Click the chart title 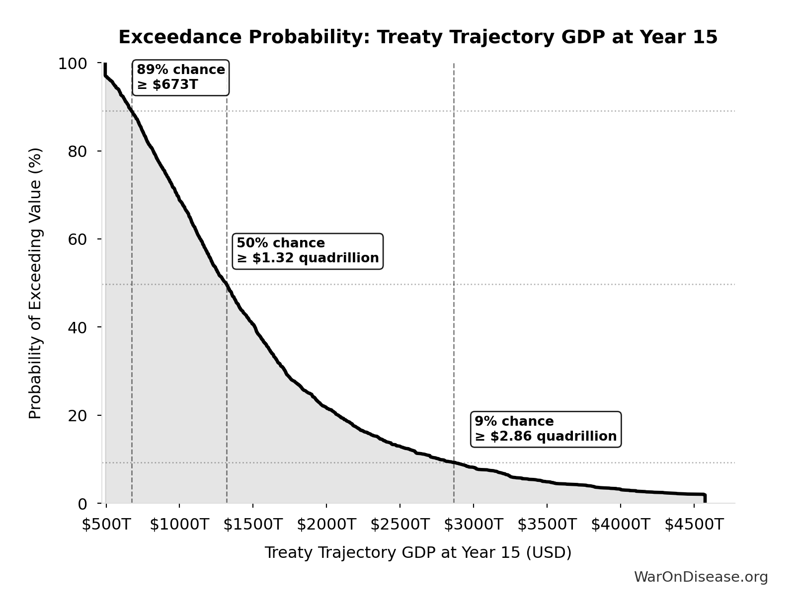coord(418,37)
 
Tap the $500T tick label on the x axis coord(106,524)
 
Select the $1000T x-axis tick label coord(179,524)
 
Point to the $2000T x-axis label coord(326,524)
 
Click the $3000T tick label coord(473,524)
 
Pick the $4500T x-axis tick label coord(694,524)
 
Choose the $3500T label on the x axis coord(547,524)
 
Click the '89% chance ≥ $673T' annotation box coord(180,77)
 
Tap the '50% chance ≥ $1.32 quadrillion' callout coord(308,251)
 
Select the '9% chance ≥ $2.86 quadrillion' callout coord(546,429)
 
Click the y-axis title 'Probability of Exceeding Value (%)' coord(35,283)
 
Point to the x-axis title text coord(418,552)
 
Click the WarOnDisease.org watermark coord(701,577)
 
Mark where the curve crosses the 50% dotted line coord(227,284)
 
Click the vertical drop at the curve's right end coord(705,498)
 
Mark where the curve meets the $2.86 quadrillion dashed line coord(454,462)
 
